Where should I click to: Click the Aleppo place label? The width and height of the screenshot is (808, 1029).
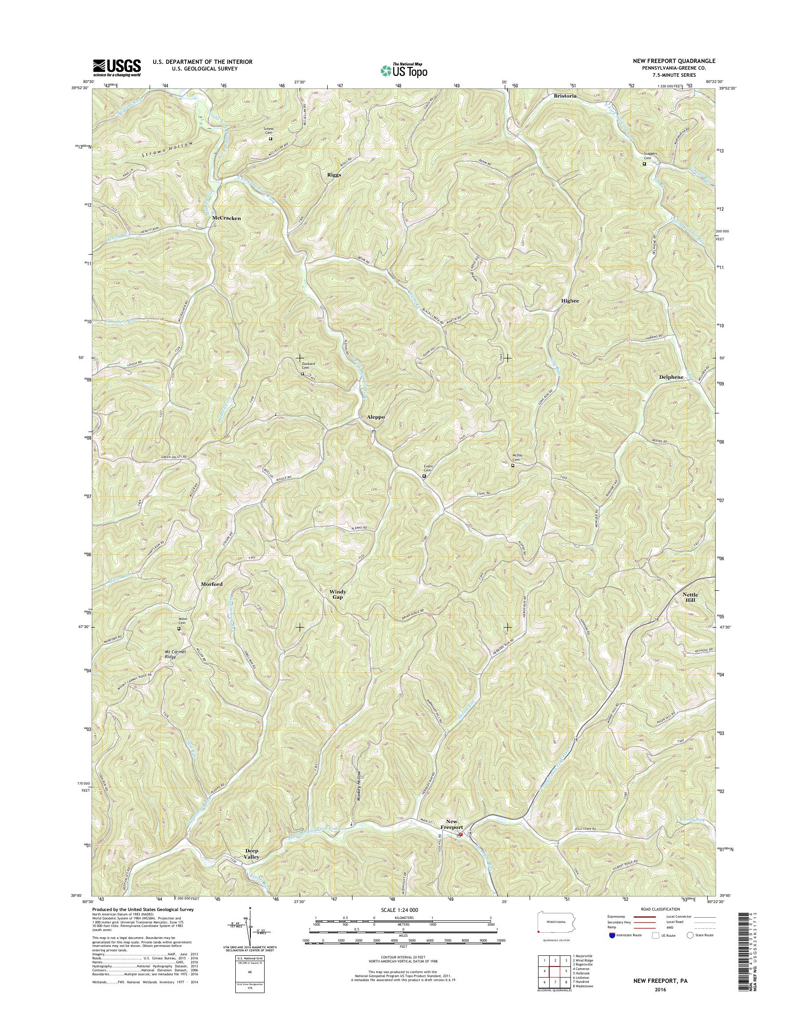point(376,417)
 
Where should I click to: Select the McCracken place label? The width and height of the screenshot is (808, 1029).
point(226,218)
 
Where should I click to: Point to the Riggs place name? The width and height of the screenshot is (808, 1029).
point(334,174)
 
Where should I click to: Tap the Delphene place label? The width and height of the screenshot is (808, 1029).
point(671,377)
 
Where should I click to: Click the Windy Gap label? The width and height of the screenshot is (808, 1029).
point(338,594)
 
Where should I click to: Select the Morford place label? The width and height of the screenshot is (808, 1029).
point(211,584)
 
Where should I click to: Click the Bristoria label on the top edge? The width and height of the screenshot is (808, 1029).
point(565,96)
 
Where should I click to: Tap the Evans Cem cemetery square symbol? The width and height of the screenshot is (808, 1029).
point(424,476)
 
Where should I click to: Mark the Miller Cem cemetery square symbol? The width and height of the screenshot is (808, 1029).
point(179,629)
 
